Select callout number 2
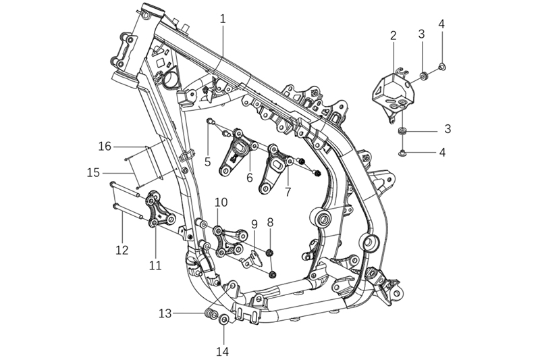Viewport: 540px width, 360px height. (x=393, y=36)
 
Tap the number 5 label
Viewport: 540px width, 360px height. (x=207, y=161)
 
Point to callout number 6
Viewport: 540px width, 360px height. (x=250, y=178)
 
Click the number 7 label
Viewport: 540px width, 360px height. (x=288, y=191)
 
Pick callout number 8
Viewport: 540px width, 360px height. (x=270, y=222)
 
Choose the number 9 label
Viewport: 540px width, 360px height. (x=254, y=224)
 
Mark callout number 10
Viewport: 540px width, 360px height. (x=221, y=202)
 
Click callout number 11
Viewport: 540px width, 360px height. (x=155, y=265)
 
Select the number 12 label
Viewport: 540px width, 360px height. (x=122, y=249)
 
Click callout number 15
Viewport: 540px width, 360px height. (x=94, y=173)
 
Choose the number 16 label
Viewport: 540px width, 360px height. (x=105, y=146)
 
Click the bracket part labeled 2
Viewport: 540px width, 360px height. (x=390, y=91)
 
